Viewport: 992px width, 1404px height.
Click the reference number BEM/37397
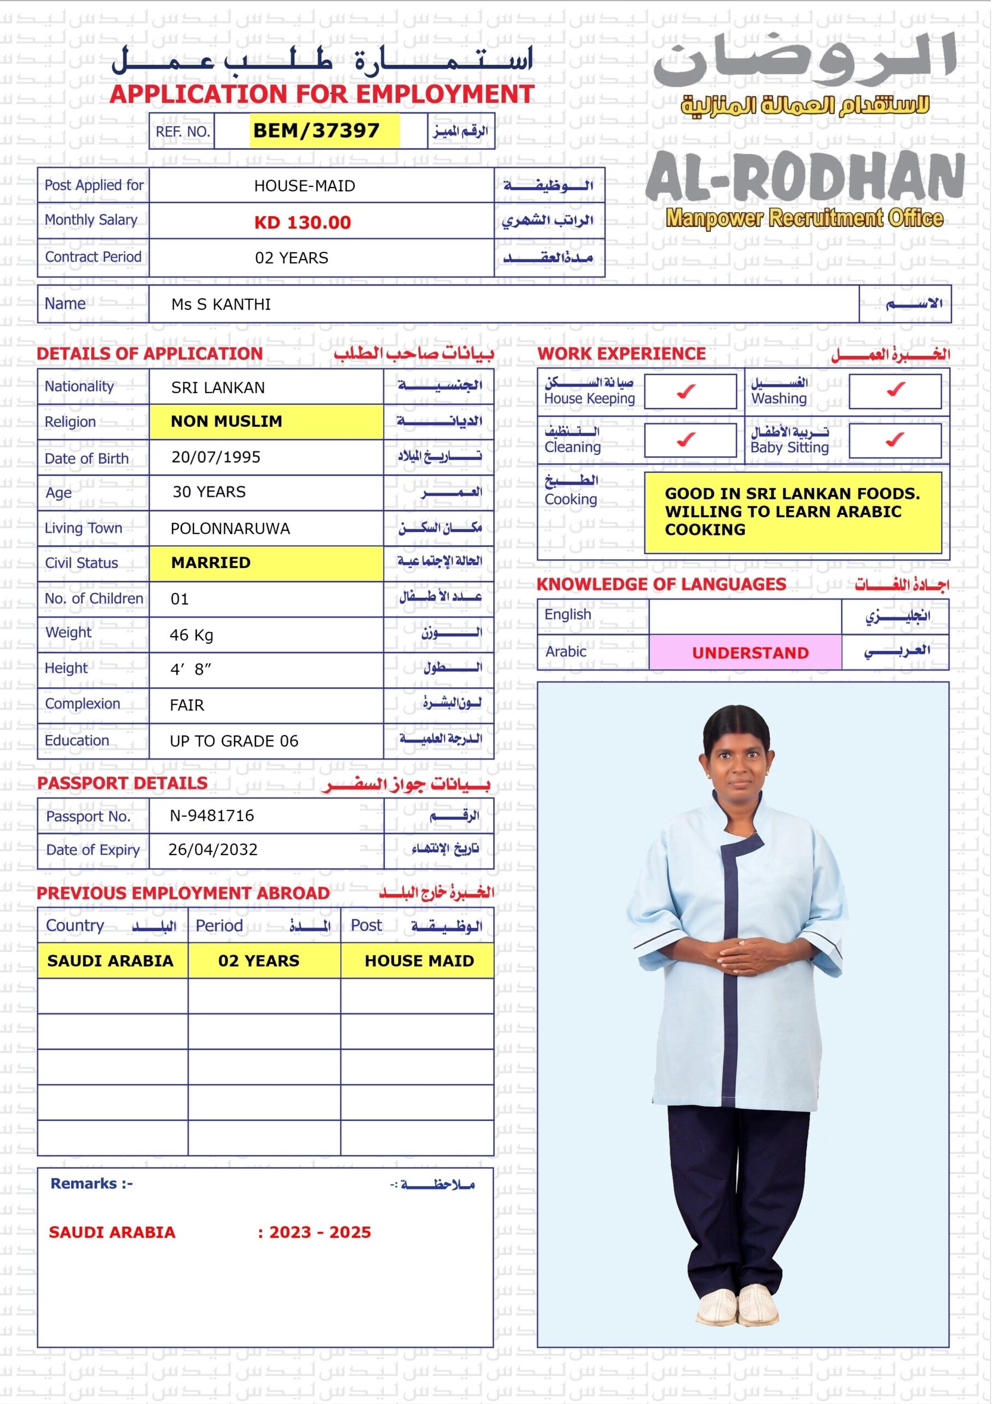[x=316, y=130]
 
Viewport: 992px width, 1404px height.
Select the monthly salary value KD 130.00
[x=303, y=222]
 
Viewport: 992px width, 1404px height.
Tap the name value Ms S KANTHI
[x=221, y=304]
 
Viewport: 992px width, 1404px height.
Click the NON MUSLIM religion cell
[x=227, y=421]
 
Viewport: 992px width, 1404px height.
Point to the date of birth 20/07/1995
[x=216, y=457]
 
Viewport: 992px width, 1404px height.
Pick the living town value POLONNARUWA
[x=230, y=528]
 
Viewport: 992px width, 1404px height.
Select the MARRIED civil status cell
[x=211, y=563]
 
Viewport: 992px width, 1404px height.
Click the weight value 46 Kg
[x=191, y=635]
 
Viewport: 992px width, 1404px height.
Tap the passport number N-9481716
[x=212, y=815]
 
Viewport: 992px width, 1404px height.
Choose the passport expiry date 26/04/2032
[x=213, y=850]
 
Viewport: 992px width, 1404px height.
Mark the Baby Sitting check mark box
[x=895, y=440]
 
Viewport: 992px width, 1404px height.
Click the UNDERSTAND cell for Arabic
[x=750, y=653]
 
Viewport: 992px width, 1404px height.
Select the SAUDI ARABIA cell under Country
[x=111, y=961]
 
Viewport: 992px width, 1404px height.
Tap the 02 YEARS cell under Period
[x=259, y=961]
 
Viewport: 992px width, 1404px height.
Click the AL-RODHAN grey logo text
[x=805, y=177]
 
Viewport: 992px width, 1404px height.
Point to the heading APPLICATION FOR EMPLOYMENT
[x=322, y=94]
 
